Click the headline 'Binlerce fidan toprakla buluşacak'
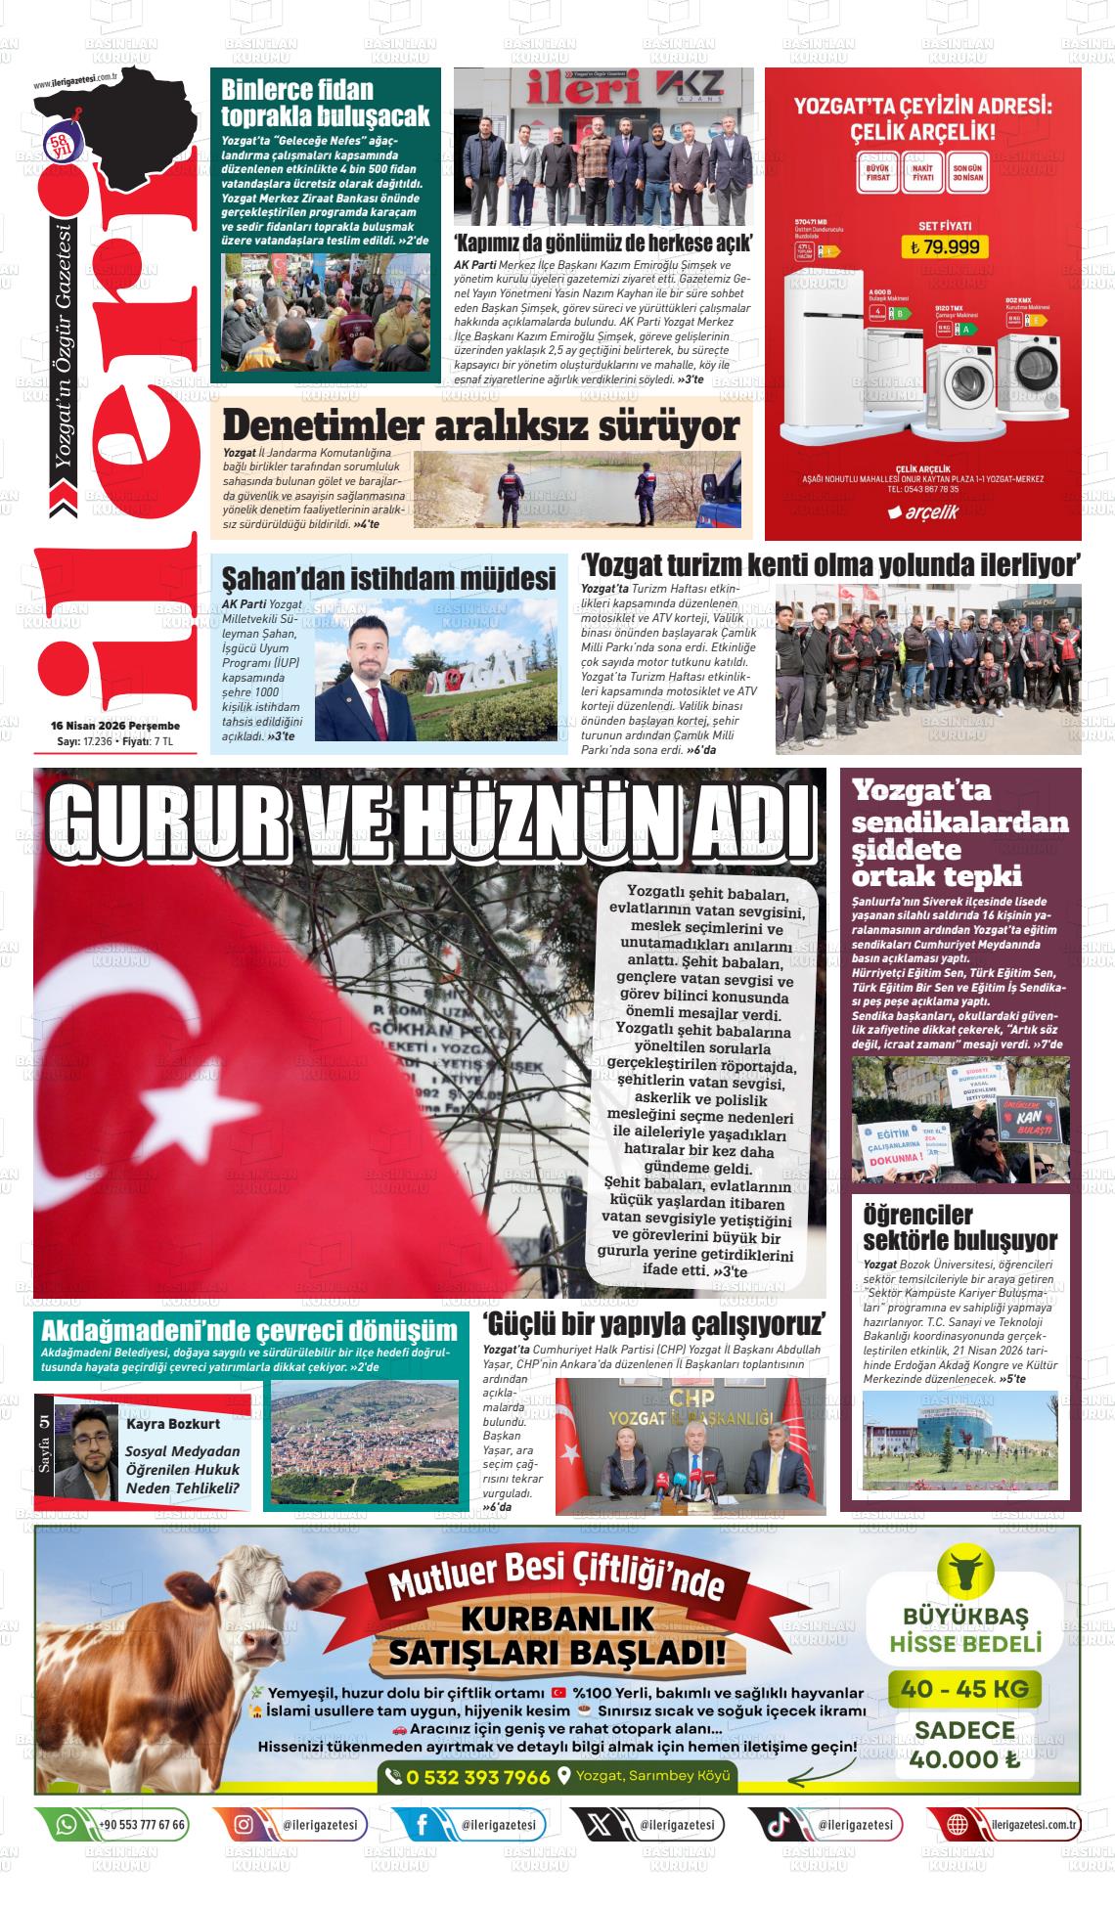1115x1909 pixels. point(325,103)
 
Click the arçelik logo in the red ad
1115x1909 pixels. point(923,511)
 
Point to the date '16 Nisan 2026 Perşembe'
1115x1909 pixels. point(115,726)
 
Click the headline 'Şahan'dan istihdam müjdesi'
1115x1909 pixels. point(388,579)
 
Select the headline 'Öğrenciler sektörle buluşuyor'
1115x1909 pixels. point(959,1228)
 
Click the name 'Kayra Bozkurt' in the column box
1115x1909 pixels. point(173,1424)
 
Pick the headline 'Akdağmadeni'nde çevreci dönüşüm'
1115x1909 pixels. point(249,1330)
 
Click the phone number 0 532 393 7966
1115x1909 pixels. point(477,1777)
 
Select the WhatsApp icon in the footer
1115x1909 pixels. point(67,1825)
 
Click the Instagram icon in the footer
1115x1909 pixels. point(244,1825)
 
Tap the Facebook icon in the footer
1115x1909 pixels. point(422,1825)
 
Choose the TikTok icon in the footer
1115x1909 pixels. point(778,1825)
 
